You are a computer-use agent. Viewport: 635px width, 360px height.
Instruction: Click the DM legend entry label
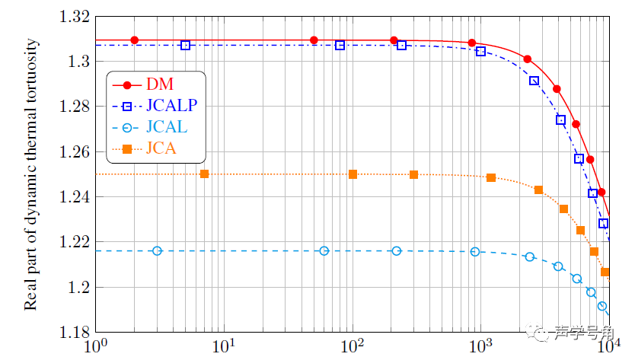point(159,84)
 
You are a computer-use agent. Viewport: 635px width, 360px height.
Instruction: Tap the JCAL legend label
point(167,127)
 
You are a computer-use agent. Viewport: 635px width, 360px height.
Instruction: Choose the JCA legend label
point(161,148)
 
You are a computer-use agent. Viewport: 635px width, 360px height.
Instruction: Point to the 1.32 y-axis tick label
point(73,17)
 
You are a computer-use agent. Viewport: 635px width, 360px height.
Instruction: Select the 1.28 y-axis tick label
point(73,107)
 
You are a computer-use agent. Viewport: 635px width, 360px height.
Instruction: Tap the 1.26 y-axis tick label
point(73,152)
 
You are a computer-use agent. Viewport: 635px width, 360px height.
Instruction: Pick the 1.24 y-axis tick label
point(73,197)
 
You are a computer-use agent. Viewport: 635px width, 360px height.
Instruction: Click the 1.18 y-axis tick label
point(73,333)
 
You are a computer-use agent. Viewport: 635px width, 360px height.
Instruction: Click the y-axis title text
point(31,174)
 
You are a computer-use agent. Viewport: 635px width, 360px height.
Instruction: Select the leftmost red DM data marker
point(135,40)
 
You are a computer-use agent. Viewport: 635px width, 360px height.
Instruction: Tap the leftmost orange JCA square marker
point(204,174)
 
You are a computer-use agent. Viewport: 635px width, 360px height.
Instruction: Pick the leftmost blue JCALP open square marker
point(185,46)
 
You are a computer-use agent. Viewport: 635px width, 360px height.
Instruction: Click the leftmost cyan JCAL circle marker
point(157,251)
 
